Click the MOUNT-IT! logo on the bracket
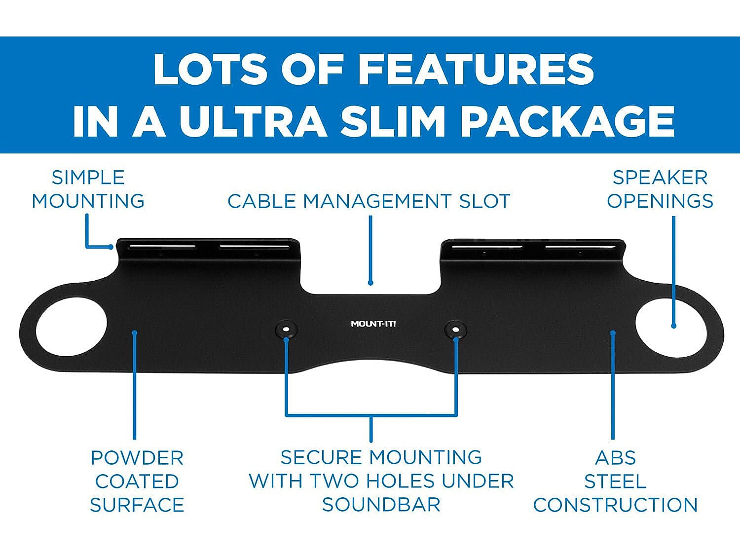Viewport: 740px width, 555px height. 373,324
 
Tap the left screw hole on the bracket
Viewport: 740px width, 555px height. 286,329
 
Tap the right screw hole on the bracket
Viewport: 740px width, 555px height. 455,329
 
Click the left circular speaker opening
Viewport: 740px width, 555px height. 71,327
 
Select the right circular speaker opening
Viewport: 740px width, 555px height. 670,328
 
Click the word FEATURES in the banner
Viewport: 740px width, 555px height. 476,70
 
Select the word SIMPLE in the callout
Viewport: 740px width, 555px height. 88,178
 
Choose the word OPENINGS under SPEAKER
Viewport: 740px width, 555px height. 660,201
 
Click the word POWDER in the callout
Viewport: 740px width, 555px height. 137,458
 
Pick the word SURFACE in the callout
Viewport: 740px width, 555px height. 137,505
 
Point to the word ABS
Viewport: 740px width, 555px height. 616,458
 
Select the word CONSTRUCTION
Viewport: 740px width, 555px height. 616,505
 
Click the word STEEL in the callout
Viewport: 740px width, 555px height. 616,481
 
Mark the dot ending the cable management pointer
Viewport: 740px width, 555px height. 370,283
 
